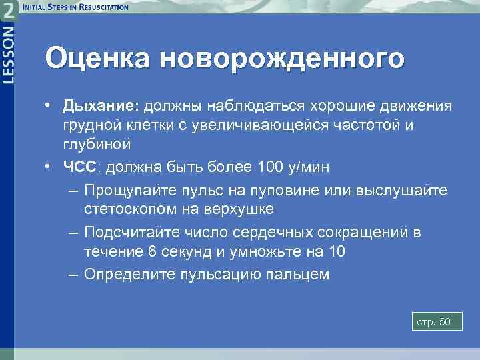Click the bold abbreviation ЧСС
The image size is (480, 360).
click(x=80, y=167)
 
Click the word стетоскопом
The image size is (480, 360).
click(x=128, y=209)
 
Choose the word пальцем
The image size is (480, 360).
click(x=296, y=274)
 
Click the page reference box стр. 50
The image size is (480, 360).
click(x=433, y=322)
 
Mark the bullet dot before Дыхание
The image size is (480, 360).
click(x=50, y=107)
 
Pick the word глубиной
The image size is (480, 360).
click(x=97, y=144)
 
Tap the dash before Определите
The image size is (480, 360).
click(x=73, y=274)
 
